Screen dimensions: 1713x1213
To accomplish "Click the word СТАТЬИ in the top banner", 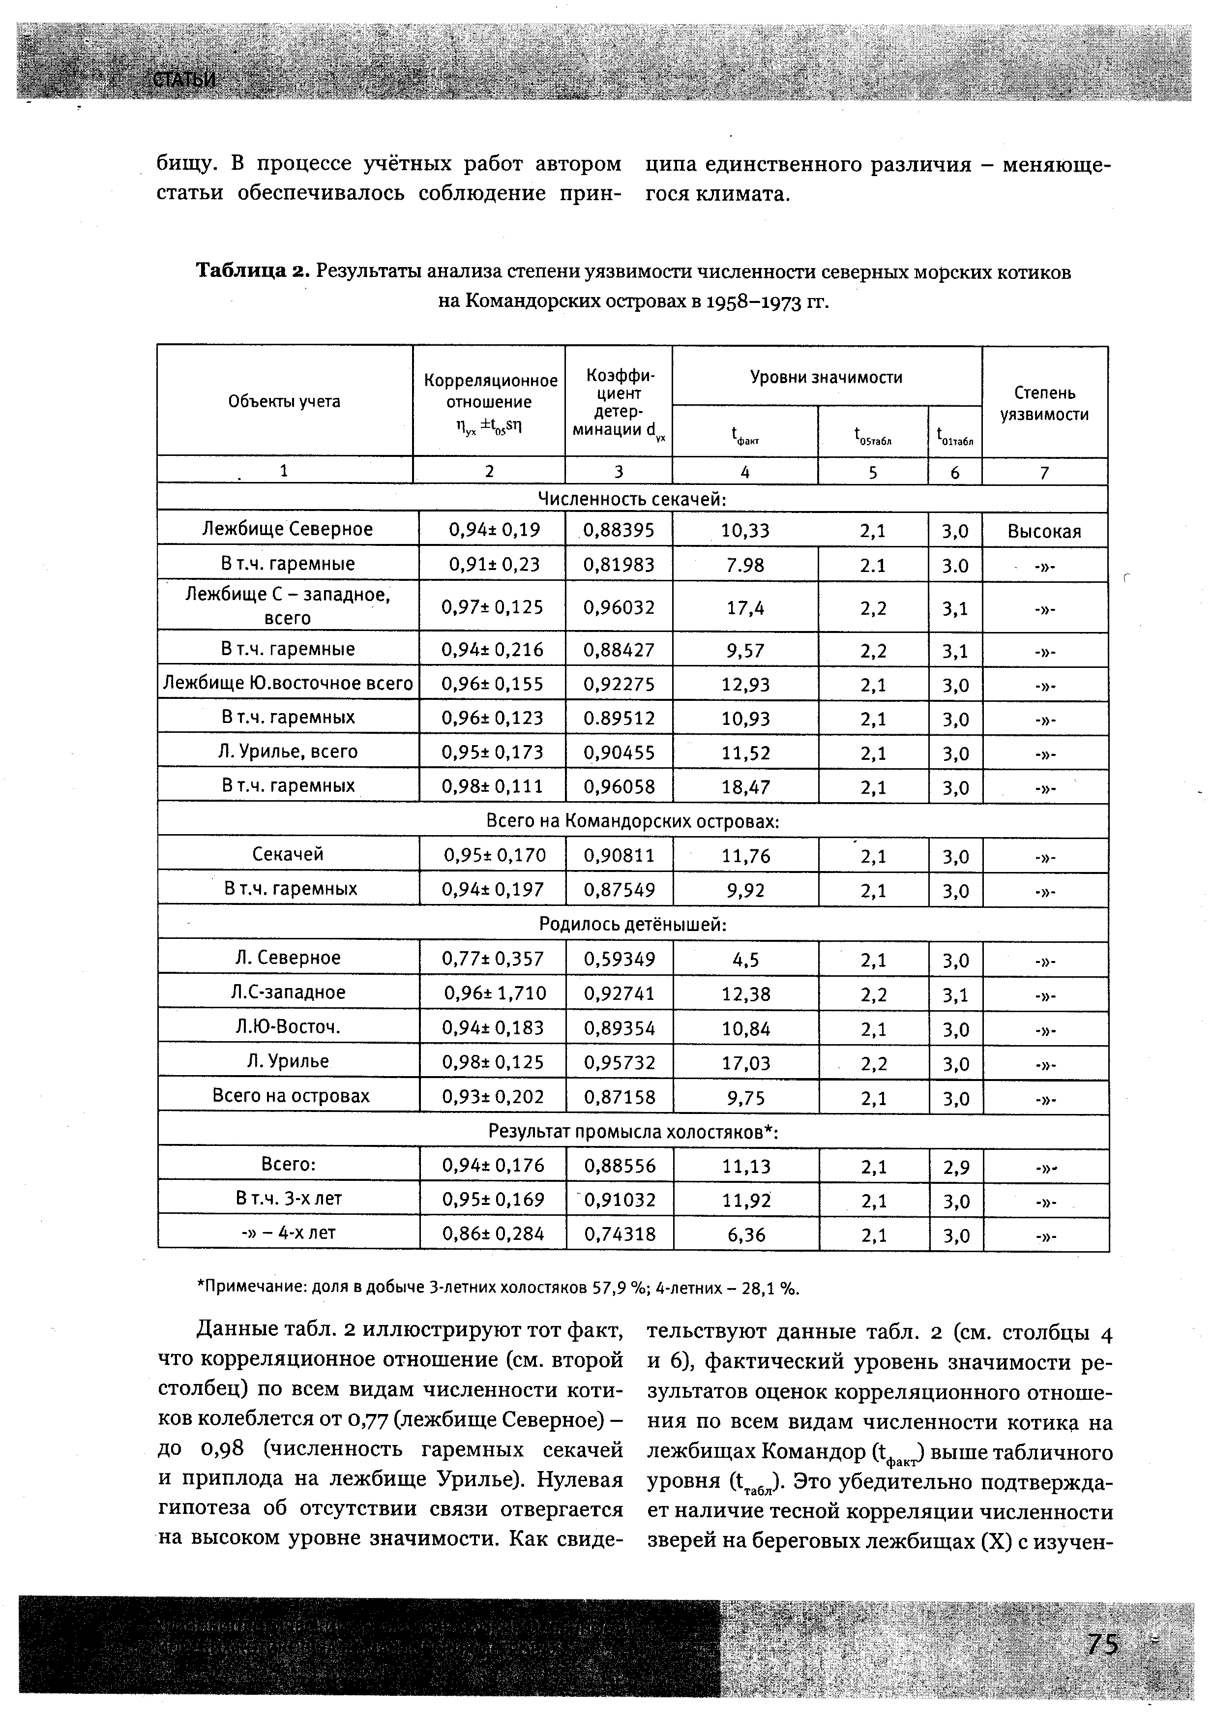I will tap(184, 80).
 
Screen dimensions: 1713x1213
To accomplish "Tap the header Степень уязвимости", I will tap(1044, 403).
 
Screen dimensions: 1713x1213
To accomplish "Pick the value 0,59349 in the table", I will tap(619, 959).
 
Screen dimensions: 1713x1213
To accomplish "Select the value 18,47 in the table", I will tap(745, 786).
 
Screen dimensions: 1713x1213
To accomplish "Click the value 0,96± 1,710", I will tap(495, 993).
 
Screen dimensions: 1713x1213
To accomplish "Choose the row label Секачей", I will tap(288, 854).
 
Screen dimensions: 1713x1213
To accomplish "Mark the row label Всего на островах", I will tap(291, 1096).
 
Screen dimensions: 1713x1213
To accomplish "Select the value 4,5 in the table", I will tap(745, 959).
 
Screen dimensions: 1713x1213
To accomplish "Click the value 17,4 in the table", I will tap(745, 608).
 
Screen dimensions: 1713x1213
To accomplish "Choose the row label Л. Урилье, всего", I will tap(288, 751).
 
